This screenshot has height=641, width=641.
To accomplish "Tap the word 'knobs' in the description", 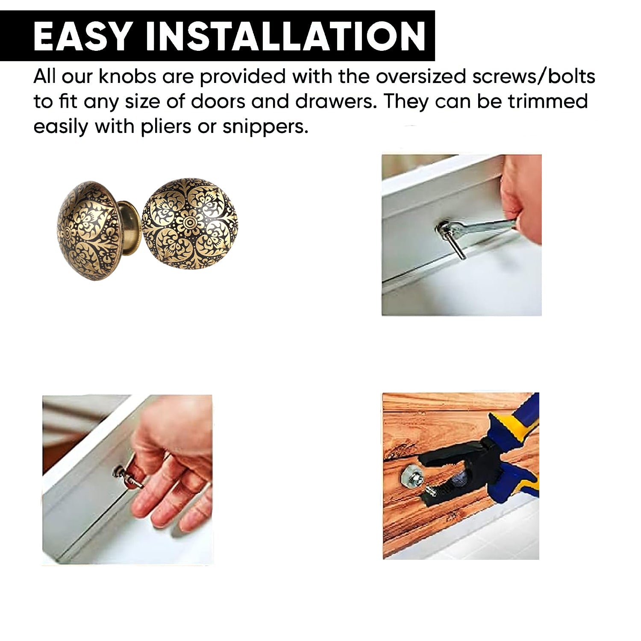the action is click(127, 77).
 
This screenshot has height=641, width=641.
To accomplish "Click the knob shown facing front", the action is click(189, 223).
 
